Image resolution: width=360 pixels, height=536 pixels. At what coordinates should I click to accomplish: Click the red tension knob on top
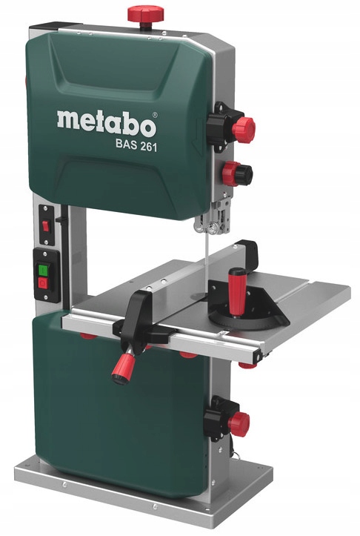tap(146, 13)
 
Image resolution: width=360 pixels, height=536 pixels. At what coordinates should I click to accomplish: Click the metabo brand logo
tap(107, 123)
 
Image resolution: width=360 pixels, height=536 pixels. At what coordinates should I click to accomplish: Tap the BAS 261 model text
tap(136, 145)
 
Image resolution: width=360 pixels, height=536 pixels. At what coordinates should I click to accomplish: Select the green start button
tap(43, 271)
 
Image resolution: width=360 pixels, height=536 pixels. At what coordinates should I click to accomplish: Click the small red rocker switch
tap(46, 226)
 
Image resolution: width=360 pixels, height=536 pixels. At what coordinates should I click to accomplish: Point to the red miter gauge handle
tap(237, 290)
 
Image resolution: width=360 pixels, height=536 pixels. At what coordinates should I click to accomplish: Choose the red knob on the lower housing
tap(239, 424)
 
